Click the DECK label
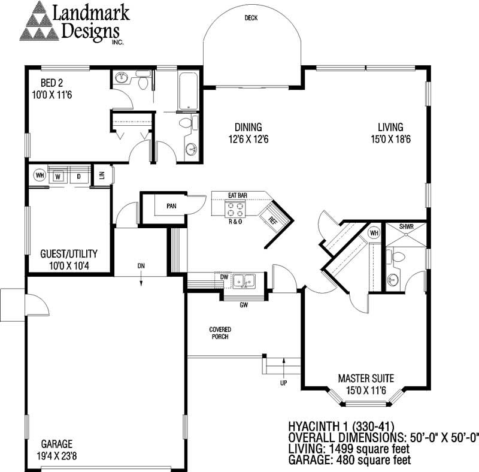click(251, 18)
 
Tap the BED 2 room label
click(51, 83)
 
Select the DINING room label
click(248, 127)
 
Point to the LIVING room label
click(390, 127)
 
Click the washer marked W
click(57, 176)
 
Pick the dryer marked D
click(79, 176)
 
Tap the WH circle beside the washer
click(40, 176)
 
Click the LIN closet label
click(102, 175)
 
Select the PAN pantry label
click(171, 206)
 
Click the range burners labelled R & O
click(235, 210)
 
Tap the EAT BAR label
click(238, 195)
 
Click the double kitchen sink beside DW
click(244, 282)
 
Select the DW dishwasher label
click(224, 277)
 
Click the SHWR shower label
click(407, 226)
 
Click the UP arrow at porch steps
click(284, 368)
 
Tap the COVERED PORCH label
click(220, 333)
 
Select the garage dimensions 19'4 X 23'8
click(57, 456)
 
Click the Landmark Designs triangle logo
click(39, 21)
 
